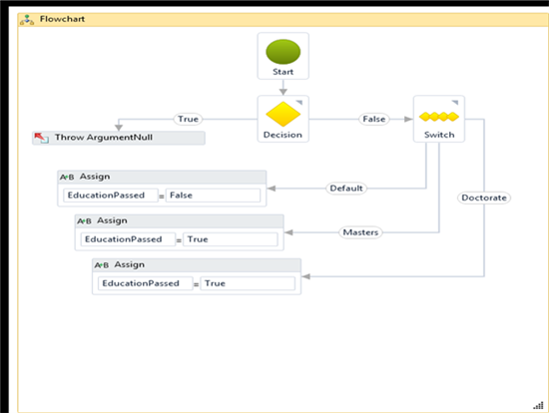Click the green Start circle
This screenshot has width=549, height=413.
(282, 52)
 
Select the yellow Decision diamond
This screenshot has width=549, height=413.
(282, 114)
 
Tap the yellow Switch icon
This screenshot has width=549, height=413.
(439, 117)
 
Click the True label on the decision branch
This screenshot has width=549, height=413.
(188, 119)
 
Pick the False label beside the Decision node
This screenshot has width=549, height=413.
(374, 119)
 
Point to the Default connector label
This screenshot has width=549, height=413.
(346, 189)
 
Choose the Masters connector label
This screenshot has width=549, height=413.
(360, 232)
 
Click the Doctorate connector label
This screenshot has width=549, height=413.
(484, 198)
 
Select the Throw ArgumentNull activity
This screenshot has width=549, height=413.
(119, 138)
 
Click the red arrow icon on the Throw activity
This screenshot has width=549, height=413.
(41, 138)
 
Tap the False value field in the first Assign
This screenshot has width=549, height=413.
(213, 196)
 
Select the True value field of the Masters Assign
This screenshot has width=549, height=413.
(231, 239)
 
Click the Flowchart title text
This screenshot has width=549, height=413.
(62, 19)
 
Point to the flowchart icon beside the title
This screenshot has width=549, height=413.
(27, 20)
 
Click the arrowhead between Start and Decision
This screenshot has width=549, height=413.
(282, 92)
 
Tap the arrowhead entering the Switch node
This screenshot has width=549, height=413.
(408, 119)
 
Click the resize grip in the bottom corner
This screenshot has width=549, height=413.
(538, 405)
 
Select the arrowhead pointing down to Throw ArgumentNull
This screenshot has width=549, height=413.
(119, 128)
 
